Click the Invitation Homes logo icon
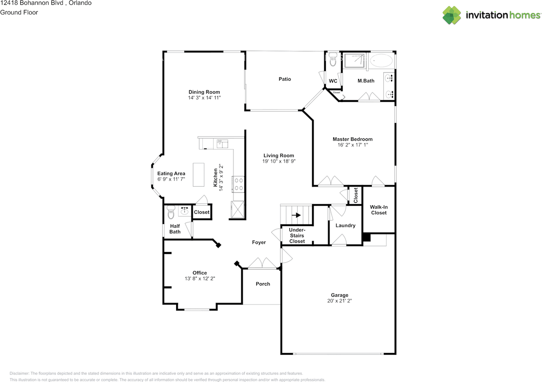point(452,15)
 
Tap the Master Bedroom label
point(352,139)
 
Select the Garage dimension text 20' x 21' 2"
point(339,301)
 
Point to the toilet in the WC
point(333,61)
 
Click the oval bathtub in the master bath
point(382,61)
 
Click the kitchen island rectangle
point(199,174)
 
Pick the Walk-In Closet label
point(379,210)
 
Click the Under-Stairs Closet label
point(297,235)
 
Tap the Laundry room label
point(346,226)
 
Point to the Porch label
point(263,284)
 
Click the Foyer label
point(259,243)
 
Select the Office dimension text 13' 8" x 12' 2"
point(199,279)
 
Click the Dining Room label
point(204,92)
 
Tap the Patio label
point(285,79)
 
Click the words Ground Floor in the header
point(19,12)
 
